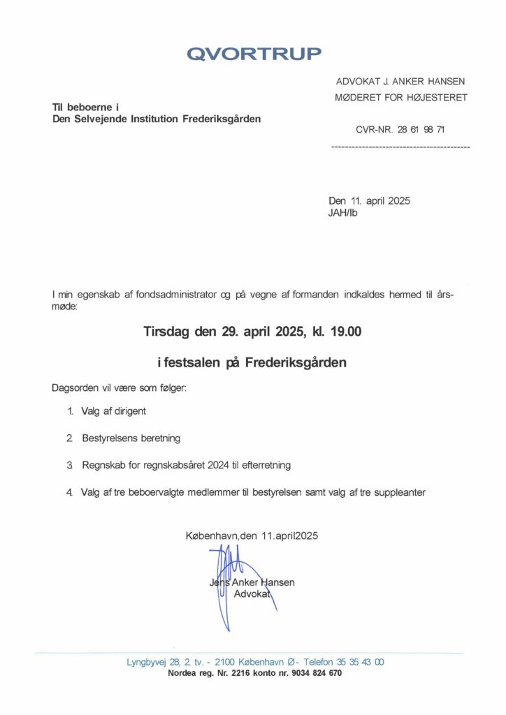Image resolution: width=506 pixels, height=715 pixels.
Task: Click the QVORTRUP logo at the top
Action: (254, 54)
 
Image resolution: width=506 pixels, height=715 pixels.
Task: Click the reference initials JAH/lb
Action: (342, 213)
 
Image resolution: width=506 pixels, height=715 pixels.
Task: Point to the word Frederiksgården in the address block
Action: (222, 119)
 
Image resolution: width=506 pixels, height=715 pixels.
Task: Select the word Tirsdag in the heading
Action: (168, 332)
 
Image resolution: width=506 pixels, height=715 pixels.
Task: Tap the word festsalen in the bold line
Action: (194, 363)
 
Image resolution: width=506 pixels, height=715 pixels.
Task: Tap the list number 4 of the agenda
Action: (69, 492)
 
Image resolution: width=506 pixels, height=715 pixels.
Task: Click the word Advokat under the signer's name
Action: (252, 594)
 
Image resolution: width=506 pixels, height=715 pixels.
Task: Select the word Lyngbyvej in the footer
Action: (145, 662)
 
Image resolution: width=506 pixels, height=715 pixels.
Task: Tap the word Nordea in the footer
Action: (184, 674)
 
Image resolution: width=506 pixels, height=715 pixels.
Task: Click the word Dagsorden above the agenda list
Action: (74, 388)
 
